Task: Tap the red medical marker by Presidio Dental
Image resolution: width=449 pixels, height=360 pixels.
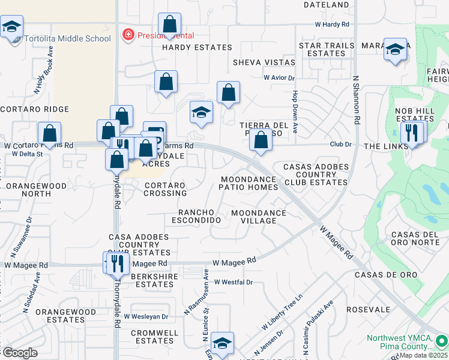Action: [127, 35]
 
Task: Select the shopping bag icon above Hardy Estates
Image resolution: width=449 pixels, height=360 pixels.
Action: [170, 25]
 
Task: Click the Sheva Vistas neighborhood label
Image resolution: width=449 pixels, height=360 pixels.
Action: [264, 62]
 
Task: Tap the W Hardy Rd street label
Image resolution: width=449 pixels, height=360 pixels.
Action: [332, 25]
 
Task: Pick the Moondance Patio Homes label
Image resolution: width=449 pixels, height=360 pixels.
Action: [249, 183]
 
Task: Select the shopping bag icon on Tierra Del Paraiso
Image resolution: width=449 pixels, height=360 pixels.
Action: [261, 140]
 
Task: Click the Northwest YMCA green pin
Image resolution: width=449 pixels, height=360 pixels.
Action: [441, 341]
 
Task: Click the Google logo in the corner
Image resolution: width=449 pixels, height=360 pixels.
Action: [19, 353]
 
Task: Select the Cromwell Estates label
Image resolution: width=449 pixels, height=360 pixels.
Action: [154, 337]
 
